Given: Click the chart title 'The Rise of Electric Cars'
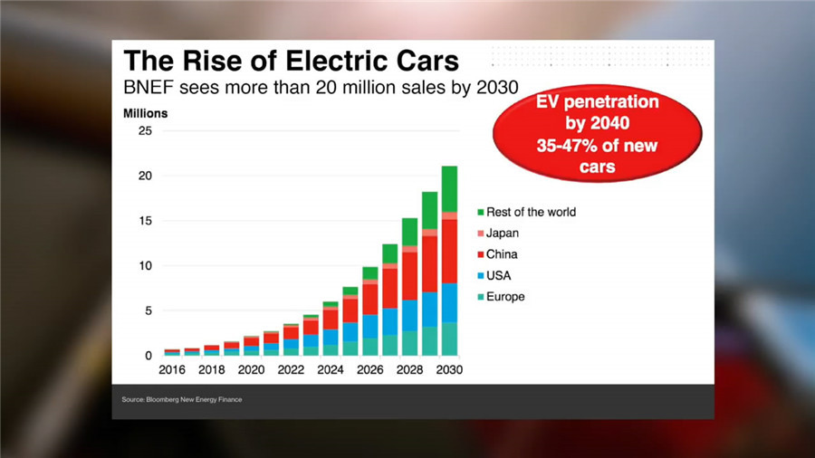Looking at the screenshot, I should tap(291, 61).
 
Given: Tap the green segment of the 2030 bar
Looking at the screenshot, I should tap(449, 188).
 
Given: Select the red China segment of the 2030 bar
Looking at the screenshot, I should tap(449, 251).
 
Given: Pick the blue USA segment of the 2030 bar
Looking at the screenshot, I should tap(449, 302).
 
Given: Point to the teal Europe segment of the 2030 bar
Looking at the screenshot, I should tap(449, 339).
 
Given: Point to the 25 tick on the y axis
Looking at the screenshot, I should tap(145, 131).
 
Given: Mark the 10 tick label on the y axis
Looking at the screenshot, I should tap(145, 266).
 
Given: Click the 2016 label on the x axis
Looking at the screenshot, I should tap(172, 370).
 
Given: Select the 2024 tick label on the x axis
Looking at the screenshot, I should tap(330, 370).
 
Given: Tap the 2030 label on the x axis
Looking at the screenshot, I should tap(449, 370).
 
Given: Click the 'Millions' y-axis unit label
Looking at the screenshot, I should tap(146, 114).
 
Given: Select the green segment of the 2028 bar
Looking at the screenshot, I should tap(409, 231).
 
